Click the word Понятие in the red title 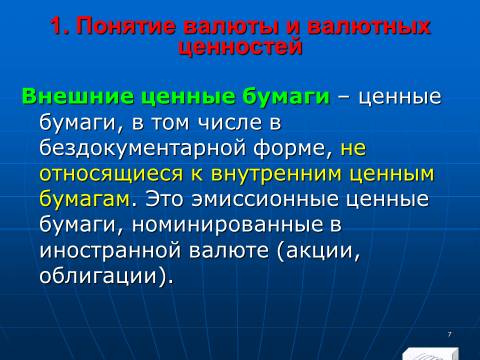[x=126, y=26]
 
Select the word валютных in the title [x=369, y=26]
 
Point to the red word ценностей [x=240, y=47]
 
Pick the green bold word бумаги [x=286, y=97]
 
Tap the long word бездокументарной [x=143, y=148]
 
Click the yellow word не [x=353, y=149]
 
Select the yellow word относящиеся [x=111, y=174]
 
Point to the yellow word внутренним [x=276, y=174]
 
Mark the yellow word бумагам [x=84, y=199]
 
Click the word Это [x=164, y=199]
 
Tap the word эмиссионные [x=265, y=199]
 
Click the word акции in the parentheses [x=318, y=251]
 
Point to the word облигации [x=98, y=276]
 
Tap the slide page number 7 [x=450, y=334]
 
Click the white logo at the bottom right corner [x=430, y=354]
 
